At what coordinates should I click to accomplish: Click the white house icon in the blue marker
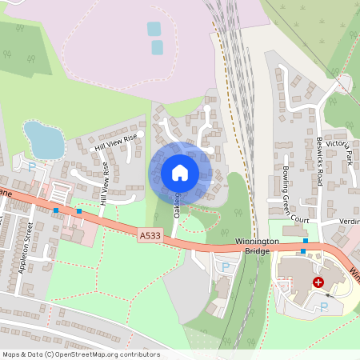pos(179,172)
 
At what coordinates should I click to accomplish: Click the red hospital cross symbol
pos(318,282)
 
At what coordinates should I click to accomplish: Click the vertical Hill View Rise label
pos(105,183)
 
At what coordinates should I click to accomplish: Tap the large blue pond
pos(43,139)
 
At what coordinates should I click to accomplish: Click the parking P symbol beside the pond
pos(32,167)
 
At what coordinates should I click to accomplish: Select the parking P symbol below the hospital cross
pos(323,306)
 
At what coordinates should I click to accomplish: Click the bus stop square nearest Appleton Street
pos(56,210)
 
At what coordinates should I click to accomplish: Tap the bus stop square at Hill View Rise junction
pos(79,212)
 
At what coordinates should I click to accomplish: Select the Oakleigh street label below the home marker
pos(177,206)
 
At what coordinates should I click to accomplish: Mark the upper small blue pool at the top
pos(154,29)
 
